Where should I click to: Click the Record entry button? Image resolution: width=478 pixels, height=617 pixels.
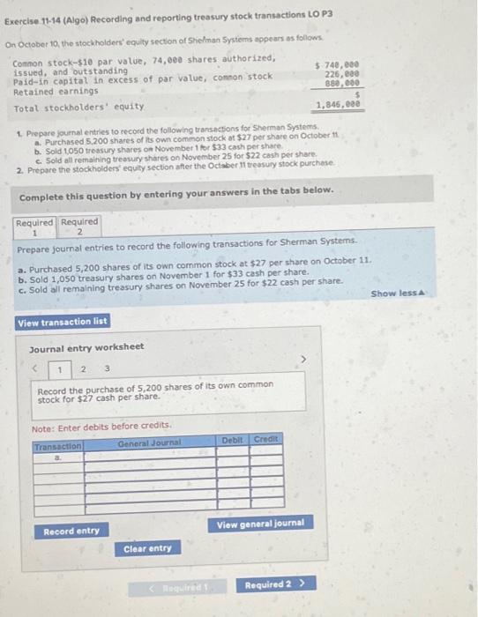[x=71, y=531]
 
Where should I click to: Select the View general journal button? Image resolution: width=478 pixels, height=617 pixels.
[x=260, y=524]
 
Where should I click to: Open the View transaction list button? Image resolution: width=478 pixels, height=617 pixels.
[x=62, y=322]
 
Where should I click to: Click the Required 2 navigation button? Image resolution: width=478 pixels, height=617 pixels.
[x=273, y=584]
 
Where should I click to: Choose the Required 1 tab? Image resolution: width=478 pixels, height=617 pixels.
[x=35, y=227]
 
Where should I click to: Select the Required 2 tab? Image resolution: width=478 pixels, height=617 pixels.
[x=79, y=227]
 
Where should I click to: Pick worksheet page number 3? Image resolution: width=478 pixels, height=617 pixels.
[x=106, y=368]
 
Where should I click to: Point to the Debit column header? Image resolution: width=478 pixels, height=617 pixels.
[x=233, y=438]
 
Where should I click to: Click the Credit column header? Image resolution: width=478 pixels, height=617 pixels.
[x=265, y=438]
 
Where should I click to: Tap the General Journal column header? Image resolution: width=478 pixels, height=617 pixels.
[x=149, y=442]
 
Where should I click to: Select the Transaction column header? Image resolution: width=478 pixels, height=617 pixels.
[x=57, y=447]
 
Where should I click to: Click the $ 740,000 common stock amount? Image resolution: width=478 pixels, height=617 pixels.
[x=340, y=65]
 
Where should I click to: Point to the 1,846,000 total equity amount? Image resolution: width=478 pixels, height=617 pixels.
[x=339, y=103]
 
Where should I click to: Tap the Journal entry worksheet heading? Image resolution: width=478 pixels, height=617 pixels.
[x=86, y=346]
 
